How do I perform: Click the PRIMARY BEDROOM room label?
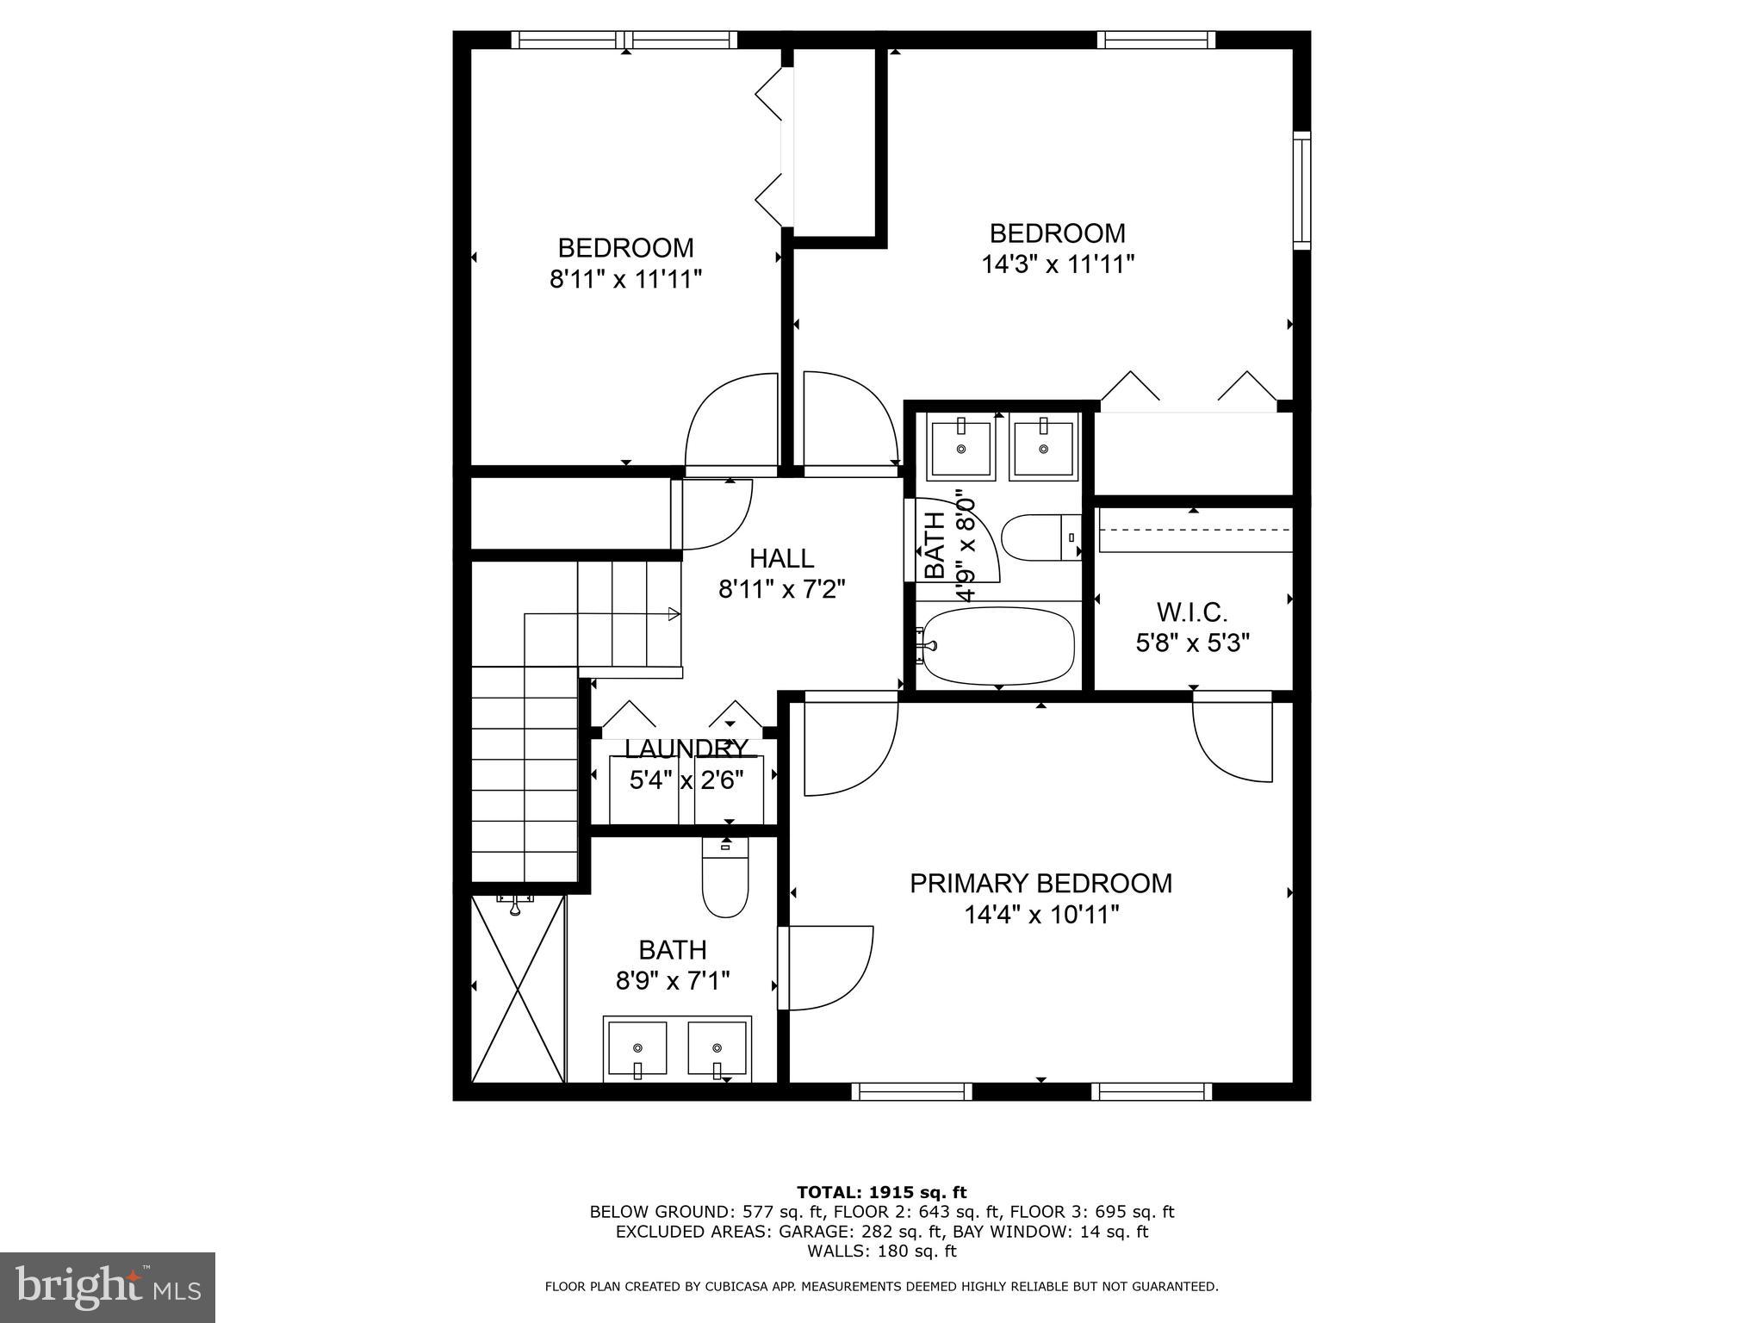[x=1040, y=884]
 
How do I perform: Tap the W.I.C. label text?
[x=1192, y=612]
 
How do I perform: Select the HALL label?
[x=781, y=559]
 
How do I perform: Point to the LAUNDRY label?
[x=686, y=748]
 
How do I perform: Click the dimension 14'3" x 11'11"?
[x=1057, y=264]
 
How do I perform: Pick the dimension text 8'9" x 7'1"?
[x=672, y=981]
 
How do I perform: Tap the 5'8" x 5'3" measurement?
[x=1192, y=643]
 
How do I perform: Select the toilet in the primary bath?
[x=725, y=879]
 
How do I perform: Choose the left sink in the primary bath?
[x=637, y=1048]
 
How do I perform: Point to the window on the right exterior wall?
[x=1301, y=191]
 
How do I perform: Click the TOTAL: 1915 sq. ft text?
[x=881, y=1193]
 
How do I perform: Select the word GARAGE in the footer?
[x=811, y=1232]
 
